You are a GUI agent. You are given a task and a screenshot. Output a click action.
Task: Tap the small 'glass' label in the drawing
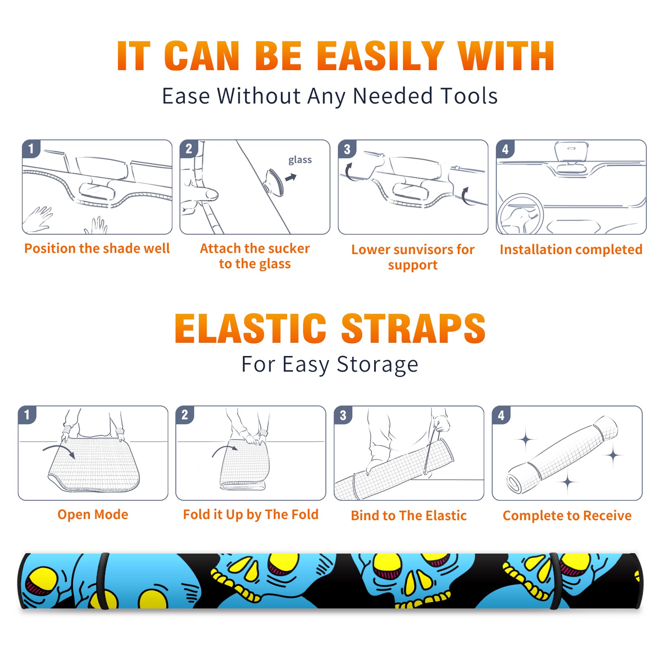[x=300, y=160]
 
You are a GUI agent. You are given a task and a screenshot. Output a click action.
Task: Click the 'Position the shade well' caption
[x=97, y=248]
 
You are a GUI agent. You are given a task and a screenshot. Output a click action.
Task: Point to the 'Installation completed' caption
[x=571, y=250]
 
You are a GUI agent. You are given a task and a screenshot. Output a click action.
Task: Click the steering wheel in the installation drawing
[x=520, y=214]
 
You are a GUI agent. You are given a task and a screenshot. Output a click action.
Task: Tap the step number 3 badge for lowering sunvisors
[x=347, y=149]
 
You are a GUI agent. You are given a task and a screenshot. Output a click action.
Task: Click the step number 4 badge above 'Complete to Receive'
[x=501, y=415]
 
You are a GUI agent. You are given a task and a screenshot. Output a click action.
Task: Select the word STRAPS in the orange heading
[x=413, y=328]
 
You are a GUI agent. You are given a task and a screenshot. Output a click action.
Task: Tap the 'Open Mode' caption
[x=93, y=514]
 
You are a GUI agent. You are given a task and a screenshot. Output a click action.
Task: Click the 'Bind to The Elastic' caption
[x=409, y=516]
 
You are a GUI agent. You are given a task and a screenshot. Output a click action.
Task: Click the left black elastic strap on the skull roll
[x=103, y=581]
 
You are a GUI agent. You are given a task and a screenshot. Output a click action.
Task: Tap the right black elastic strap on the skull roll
[x=555, y=581]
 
